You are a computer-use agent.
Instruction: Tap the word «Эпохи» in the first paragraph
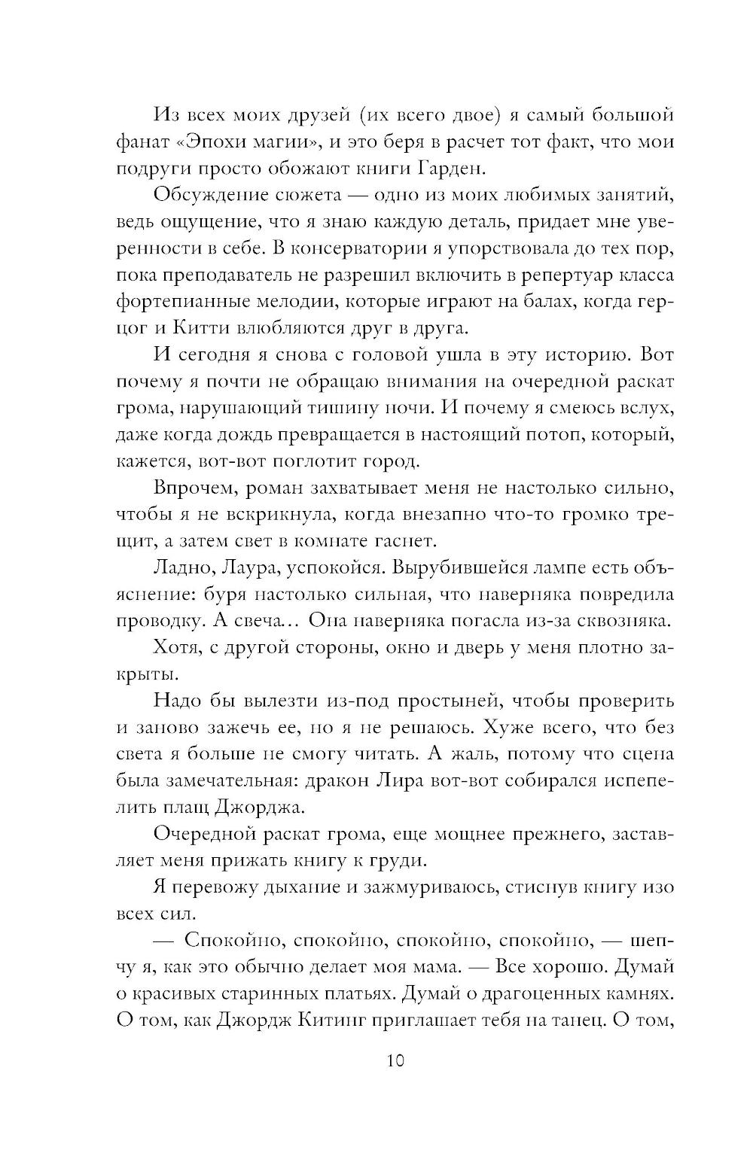click(219, 142)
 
